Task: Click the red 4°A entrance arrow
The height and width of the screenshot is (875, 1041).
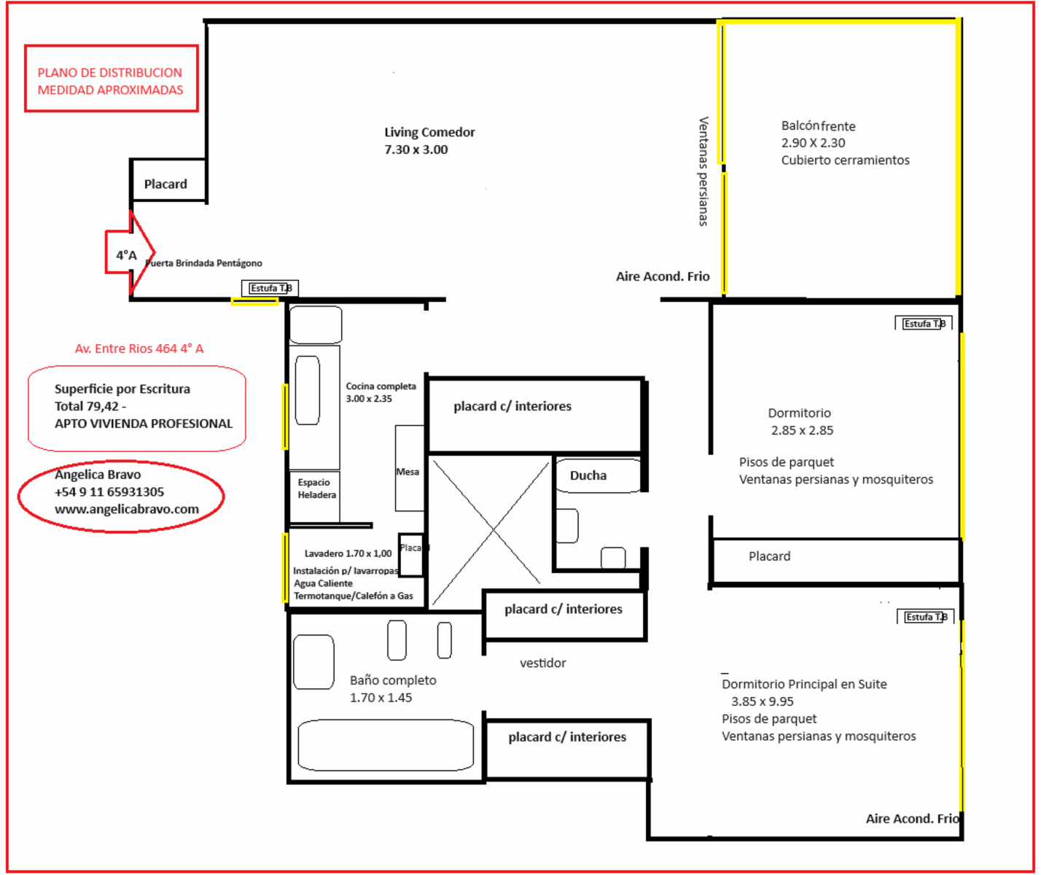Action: (x=130, y=252)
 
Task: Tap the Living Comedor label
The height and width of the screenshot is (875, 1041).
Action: (x=429, y=132)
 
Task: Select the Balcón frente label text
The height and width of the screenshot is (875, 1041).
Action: (x=818, y=125)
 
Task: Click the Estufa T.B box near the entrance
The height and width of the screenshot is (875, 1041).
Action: (x=270, y=288)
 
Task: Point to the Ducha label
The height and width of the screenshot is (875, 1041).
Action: (x=588, y=475)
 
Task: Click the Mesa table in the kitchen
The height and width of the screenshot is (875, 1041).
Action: (x=409, y=468)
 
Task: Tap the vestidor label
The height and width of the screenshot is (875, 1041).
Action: (x=543, y=663)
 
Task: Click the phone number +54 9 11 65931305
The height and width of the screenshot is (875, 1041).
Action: (x=109, y=492)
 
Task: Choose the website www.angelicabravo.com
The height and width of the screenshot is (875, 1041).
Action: (x=127, y=510)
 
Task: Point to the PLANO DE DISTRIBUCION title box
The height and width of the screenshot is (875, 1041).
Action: (x=112, y=78)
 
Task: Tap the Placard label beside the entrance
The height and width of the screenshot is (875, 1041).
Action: (x=165, y=184)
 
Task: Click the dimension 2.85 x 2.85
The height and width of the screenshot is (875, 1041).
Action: (x=802, y=430)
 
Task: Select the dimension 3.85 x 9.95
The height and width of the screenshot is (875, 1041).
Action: (x=763, y=701)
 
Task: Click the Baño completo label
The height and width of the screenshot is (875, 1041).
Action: (x=393, y=680)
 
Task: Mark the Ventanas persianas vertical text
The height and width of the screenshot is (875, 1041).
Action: (x=703, y=171)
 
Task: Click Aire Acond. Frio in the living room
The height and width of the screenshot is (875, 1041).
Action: (x=663, y=276)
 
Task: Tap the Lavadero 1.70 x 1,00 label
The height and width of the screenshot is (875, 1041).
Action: (x=348, y=553)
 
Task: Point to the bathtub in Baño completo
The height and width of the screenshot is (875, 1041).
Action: (x=386, y=745)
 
